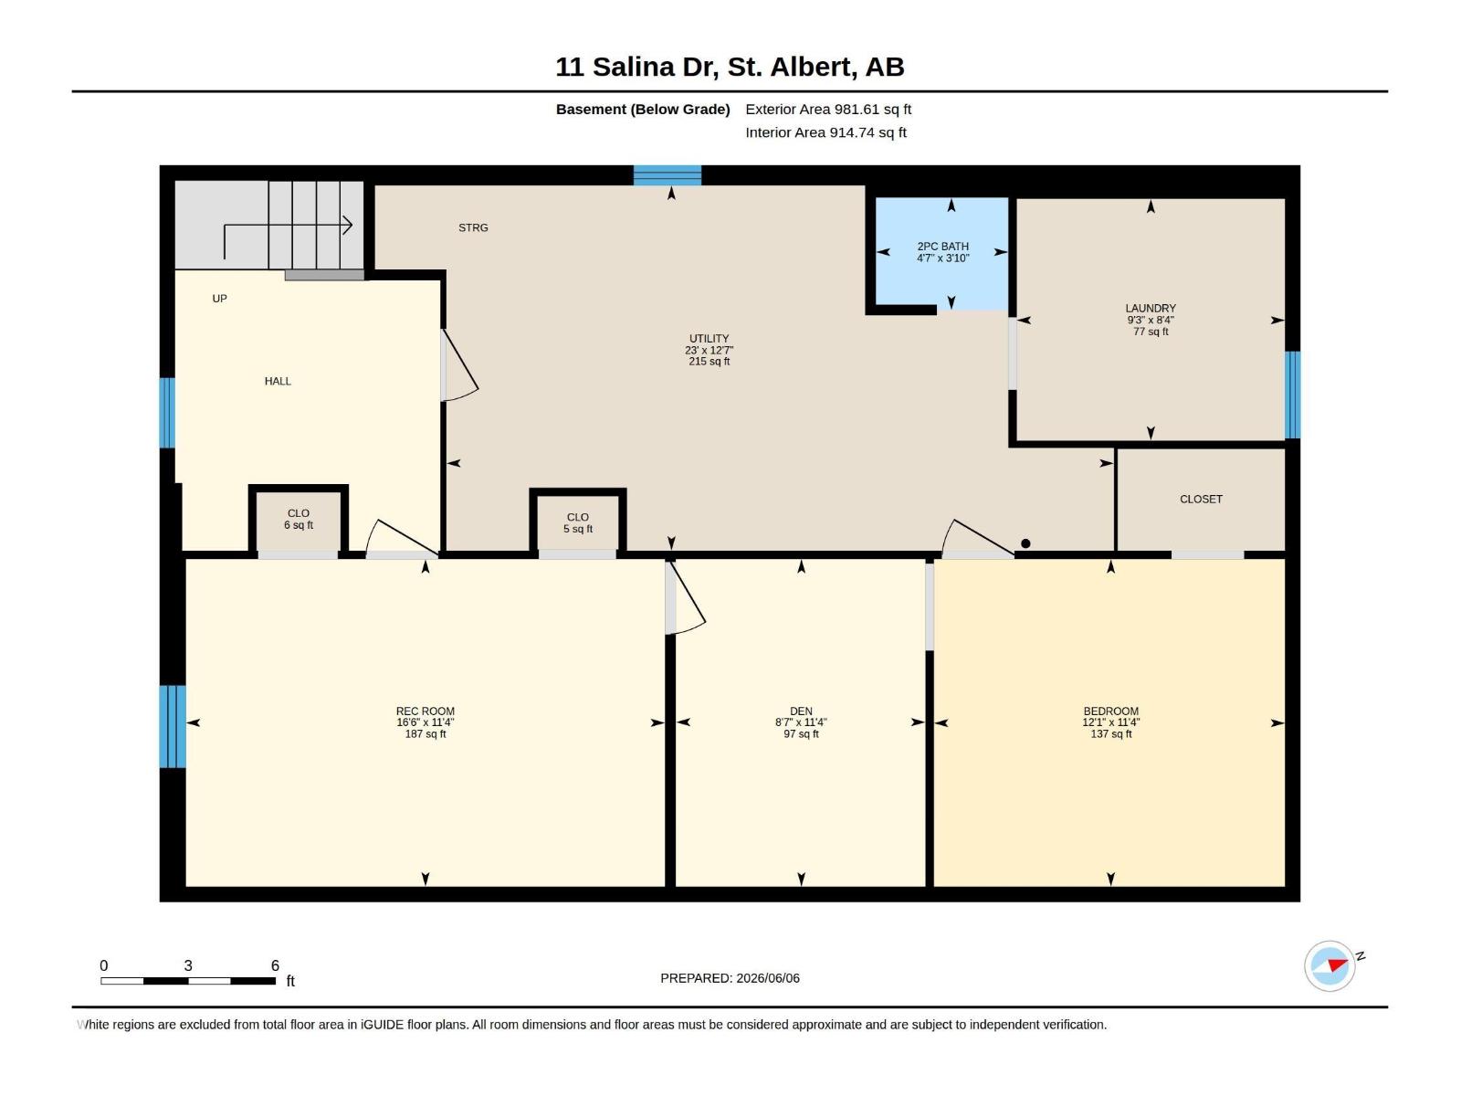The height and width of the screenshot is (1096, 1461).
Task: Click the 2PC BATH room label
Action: (942, 247)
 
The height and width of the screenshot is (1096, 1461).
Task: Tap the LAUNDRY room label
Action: (1151, 308)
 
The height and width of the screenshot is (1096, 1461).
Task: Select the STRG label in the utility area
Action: (473, 227)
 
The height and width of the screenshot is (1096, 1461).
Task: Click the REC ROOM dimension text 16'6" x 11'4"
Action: (426, 722)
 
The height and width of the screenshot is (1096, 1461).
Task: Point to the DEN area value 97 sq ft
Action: (801, 734)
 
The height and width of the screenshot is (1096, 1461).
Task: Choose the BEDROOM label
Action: (1110, 711)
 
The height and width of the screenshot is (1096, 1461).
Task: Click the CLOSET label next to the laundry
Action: (1201, 499)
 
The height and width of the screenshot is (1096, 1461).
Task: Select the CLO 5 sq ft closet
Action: (578, 523)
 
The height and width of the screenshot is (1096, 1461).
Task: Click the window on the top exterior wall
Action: (667, 175)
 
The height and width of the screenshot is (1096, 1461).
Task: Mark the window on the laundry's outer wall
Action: (1292, 395)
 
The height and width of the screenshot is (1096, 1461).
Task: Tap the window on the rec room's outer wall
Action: (173, 726)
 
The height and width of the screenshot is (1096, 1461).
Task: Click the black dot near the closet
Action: (1025, 543)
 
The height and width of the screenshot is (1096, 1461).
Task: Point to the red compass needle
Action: (1337, 964)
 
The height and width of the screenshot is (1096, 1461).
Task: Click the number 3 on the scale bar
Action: (188, 965)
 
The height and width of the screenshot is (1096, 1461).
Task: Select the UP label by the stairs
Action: (220, 299)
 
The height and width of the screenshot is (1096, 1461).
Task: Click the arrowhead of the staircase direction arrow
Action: (348, 226)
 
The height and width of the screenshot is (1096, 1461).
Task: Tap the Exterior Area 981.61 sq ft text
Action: (828, 109)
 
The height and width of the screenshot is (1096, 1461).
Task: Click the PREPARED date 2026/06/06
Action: (767, 978)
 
